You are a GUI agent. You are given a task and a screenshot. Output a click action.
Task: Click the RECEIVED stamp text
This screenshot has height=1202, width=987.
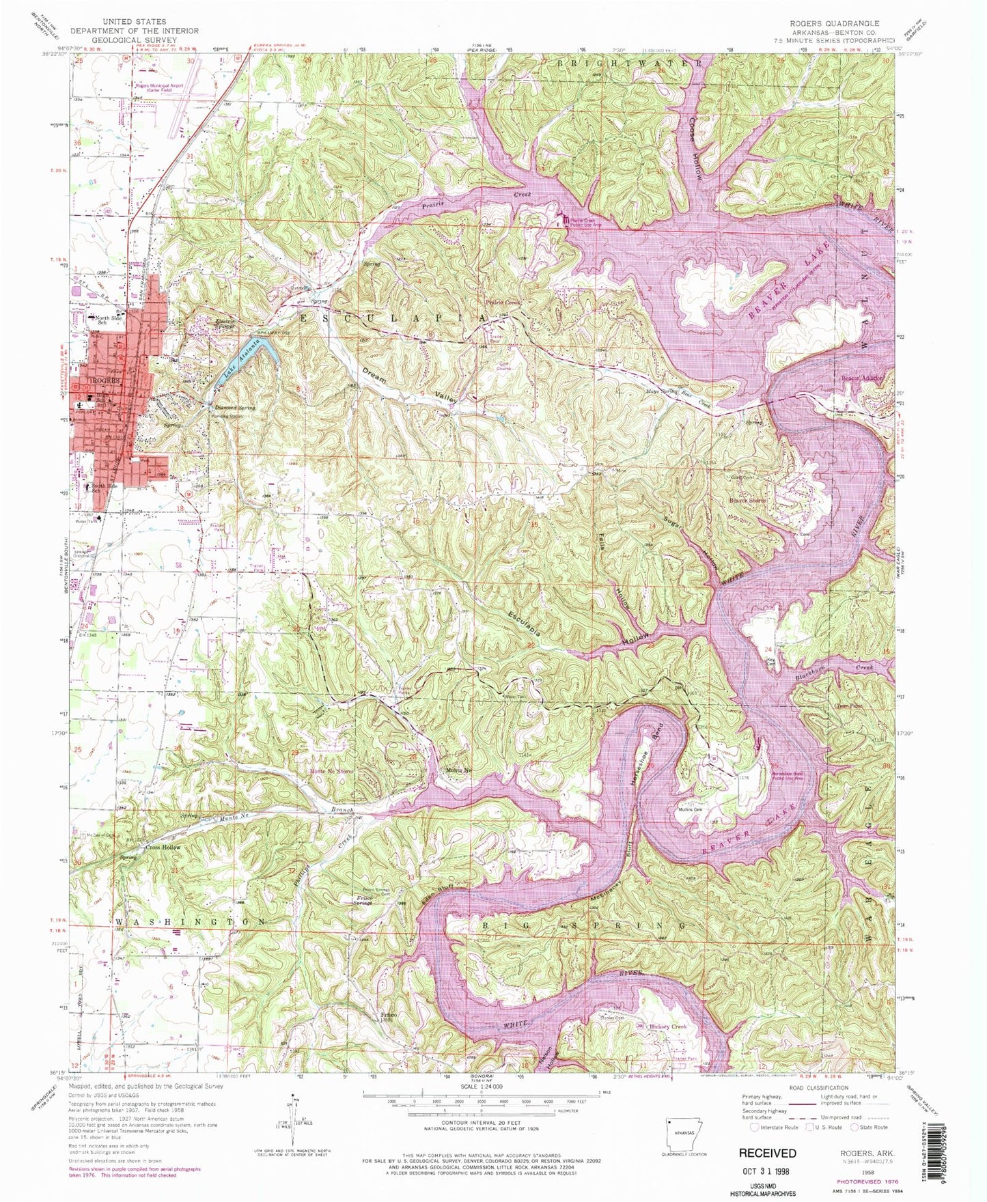point(767,1153)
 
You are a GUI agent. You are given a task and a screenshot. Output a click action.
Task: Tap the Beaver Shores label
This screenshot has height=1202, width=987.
point(748,501)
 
